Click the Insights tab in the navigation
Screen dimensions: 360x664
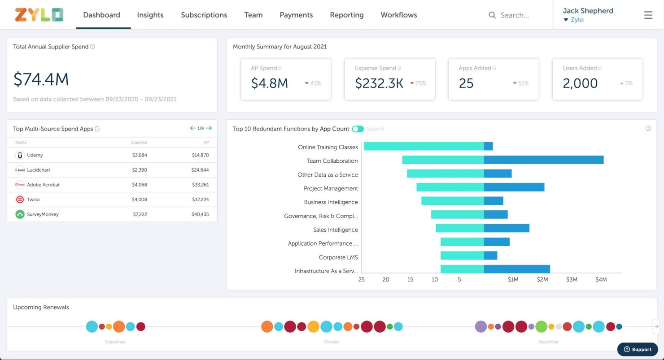tap(150, 15)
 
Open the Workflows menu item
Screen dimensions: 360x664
tap(398, 15)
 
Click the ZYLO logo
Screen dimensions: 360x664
tap(39, 15)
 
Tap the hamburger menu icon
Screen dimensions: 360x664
tap(648, 15)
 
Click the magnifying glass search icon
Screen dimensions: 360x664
tap(492, 15)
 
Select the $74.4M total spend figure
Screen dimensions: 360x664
tap(41, 79)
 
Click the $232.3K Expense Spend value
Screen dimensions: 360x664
tap(379, 83)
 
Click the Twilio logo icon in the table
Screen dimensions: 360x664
tap(20, 200)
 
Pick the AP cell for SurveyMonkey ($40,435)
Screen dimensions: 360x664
tap(200, 214)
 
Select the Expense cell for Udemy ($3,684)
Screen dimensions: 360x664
tap(140, 155)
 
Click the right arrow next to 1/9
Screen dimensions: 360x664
tap(209, 128)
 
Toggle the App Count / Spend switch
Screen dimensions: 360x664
tap(358, 129)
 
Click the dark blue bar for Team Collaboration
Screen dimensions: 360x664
tap(543, 160)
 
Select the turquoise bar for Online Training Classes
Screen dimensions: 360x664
tap(424, 146)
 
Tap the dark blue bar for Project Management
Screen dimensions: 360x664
tap(514, 187)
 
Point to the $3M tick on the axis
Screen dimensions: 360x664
tap(571, 279)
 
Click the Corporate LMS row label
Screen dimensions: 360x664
tap(338, 257)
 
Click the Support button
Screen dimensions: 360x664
tap(637, 349)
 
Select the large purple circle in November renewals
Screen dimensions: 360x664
tap(481, 326)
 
